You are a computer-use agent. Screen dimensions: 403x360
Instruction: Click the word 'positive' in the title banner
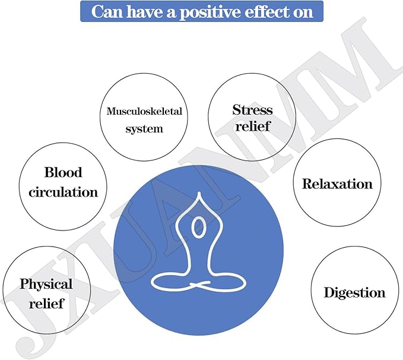tap(210, 12)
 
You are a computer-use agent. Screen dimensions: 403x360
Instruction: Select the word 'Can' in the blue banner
tap(107, 12)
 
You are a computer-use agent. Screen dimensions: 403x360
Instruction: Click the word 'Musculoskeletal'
tap(144, 111)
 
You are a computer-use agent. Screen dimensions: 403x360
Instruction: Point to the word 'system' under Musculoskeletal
tap(144, 129)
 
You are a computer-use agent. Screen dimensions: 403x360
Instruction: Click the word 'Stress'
tap(252, 110)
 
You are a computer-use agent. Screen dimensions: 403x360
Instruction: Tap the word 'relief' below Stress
tap(253, 126)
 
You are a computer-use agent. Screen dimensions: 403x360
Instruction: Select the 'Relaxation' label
tap(337, 184)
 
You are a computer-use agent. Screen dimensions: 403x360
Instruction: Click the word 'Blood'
tap(64, 172)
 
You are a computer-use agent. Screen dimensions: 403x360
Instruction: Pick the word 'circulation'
tap(64, 192)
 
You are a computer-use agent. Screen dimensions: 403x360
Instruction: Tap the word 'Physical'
tap(46, 285)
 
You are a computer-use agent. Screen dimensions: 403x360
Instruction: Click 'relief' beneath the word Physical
tap(46, 303)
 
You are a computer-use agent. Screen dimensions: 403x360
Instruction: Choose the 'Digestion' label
tap(355, 293)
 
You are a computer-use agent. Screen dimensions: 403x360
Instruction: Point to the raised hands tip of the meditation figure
tap(199, 192)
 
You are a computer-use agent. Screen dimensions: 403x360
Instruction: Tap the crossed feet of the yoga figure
tap(199, 284)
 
